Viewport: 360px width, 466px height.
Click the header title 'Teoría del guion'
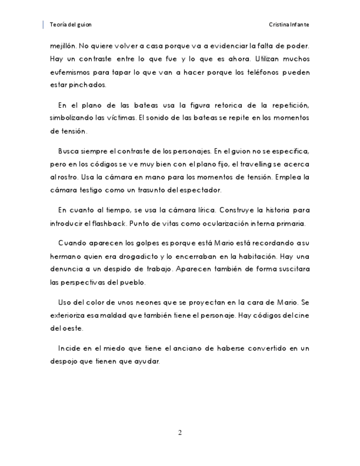tap(70, 25)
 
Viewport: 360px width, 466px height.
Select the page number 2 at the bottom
tap(180, 432)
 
